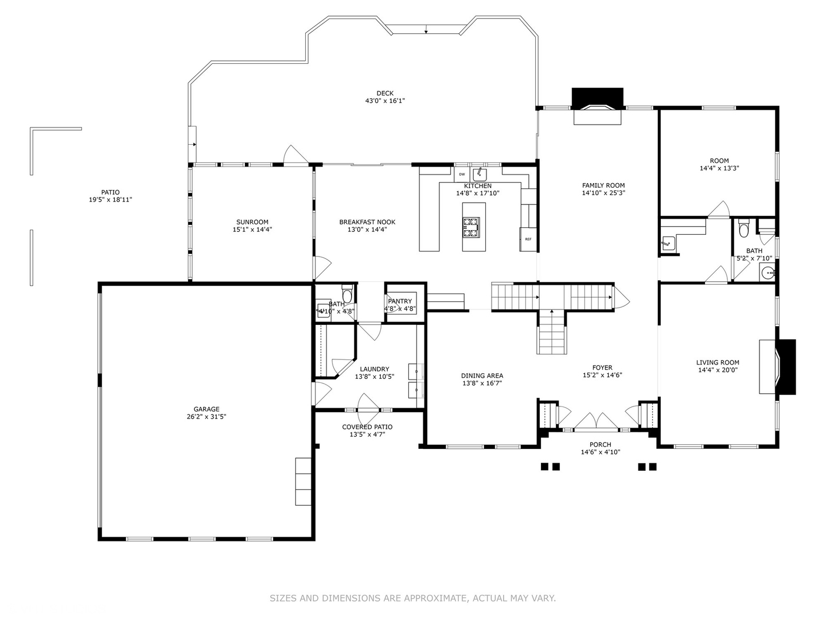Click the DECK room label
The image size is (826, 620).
385,94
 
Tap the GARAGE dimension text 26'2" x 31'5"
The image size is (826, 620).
206,417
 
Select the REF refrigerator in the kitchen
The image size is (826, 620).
528,239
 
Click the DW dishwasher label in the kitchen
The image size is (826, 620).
462,174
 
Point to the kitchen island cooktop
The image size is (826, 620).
472,227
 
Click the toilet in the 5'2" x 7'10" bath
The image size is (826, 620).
744,229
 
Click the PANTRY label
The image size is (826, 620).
400,301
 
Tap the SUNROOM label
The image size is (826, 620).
252,222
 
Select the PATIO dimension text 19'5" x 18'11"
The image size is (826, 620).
111,200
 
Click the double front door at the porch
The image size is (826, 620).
596,422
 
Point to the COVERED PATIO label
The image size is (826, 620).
367,427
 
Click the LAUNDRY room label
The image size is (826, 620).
374,369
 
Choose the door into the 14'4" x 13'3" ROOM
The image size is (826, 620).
719,211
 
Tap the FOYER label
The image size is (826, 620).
602,368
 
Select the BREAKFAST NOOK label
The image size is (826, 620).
367,222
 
